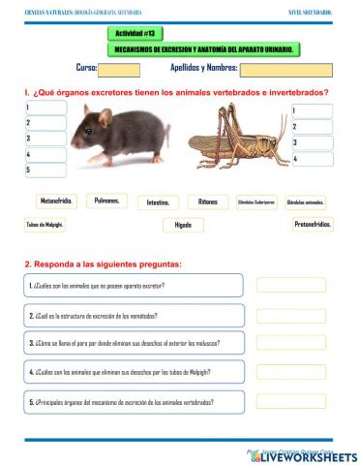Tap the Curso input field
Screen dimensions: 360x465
tap(120, 69)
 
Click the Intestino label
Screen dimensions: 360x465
tap(158, 202)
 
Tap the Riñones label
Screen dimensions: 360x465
tap(208, 201)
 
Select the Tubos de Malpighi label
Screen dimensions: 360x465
tap(45, 225)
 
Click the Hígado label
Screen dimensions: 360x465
tap(183, 225)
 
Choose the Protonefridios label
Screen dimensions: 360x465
tap(313, 224)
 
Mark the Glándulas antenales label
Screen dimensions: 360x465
tap(306, 201)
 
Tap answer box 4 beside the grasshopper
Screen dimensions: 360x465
tap(312, 158)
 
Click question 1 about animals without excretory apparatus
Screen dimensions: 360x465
tap(134, 286)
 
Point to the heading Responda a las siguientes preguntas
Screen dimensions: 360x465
tap(103, 263)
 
